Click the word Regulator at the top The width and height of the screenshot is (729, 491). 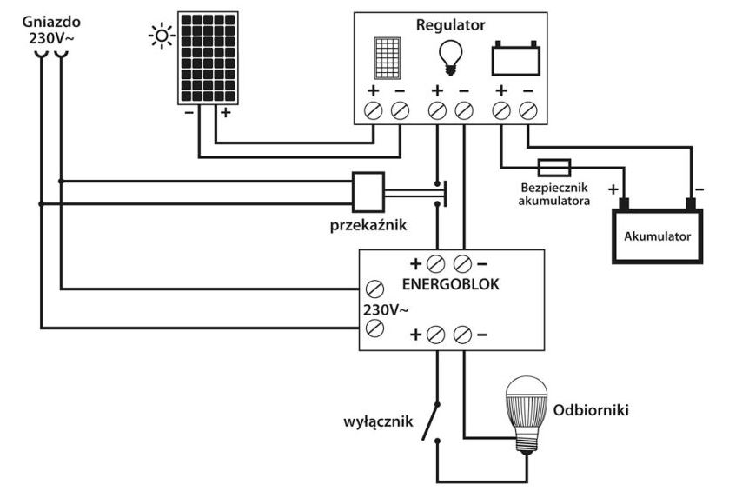coord(450,25)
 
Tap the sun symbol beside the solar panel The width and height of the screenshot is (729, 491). coord(161,36)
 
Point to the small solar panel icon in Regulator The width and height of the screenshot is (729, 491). coord(387,57)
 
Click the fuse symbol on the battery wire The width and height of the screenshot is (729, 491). coord(553,164)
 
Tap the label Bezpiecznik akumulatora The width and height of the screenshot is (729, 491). coord(555,194)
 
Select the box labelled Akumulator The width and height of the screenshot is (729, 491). coord(657,235)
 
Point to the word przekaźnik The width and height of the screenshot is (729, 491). coord(368,226)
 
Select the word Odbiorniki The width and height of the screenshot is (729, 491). coord(591,408)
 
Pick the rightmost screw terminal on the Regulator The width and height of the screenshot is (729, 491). coord(527,110)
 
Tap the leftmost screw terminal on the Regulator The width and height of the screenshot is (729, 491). coord(374,110)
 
